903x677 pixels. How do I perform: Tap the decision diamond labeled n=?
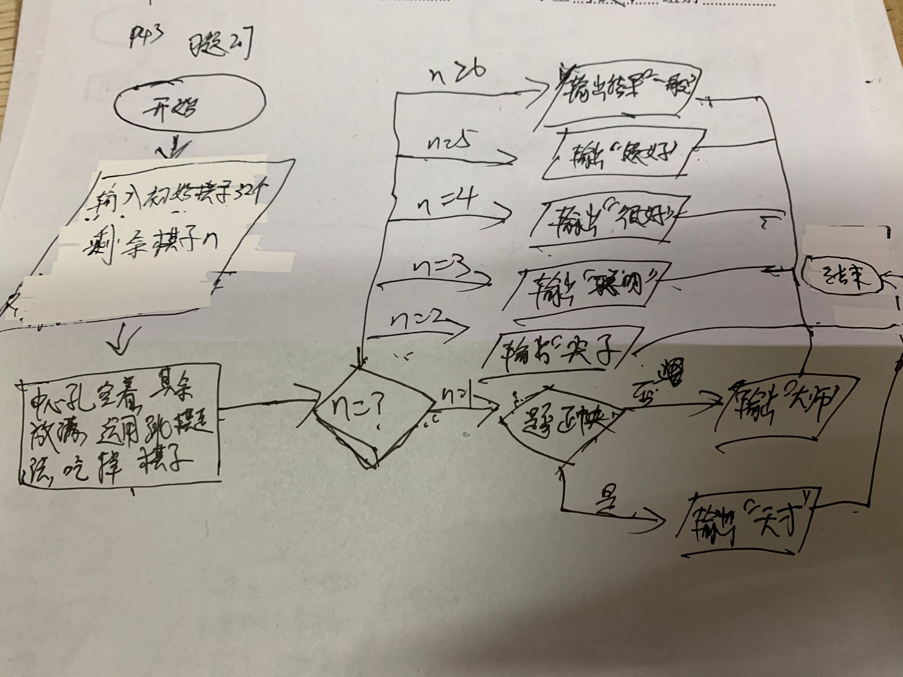click(x=375, y=416)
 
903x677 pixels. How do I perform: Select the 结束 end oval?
click(x=841, y=278)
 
